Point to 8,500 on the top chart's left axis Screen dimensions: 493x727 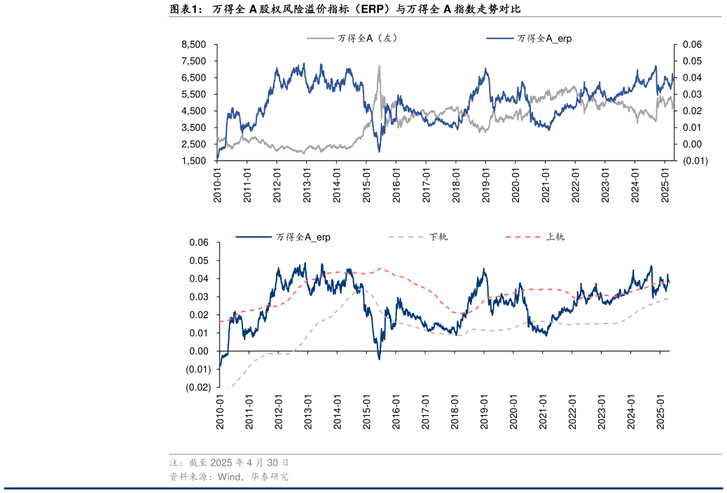pyautogui.click(x=193, y=44)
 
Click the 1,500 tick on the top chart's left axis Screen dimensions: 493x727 pyautogui.click(x=193, y=161)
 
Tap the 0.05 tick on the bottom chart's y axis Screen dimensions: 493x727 pyautogui.click(x=199, y=261)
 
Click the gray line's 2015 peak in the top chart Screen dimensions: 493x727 pyautogui.click(x=379, y=67)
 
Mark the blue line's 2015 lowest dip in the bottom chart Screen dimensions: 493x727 pyautogui.click(x=379, y=359)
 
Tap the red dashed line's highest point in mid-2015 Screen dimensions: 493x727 pyautogui.click(x=380, y=268)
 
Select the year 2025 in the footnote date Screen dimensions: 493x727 pyautogui.click(x=220, y=463)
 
